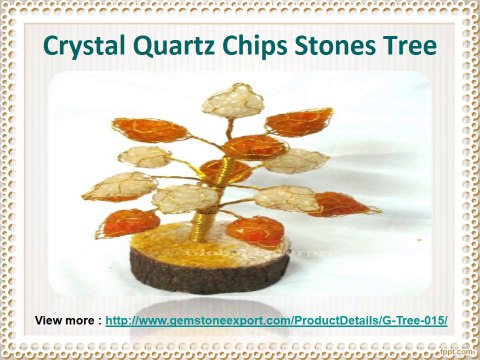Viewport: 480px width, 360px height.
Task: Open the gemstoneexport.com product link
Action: click(275, 321)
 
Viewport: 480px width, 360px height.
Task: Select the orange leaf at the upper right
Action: click(299, 122)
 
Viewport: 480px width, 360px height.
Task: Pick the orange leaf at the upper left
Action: click(150, 130)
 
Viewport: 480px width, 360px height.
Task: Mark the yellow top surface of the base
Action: click(200, 245)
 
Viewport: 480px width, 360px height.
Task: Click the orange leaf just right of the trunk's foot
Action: click(254, 229)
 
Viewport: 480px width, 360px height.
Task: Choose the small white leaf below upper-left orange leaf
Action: click(145, 156)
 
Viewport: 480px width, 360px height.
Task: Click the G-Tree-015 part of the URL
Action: click(412, 321)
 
